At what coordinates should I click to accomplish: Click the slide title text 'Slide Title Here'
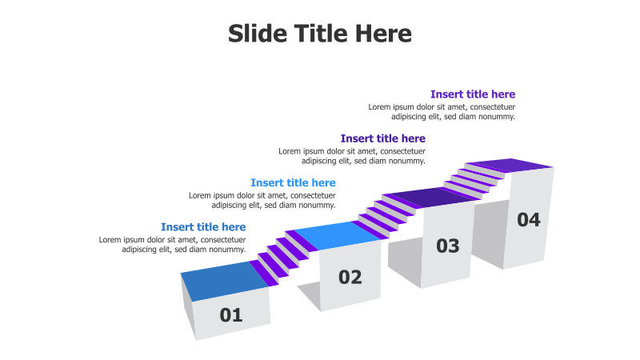tap(320, 34)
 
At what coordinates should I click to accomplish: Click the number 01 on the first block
tap(231, 315)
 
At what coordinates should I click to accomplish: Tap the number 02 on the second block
tap(350, 278)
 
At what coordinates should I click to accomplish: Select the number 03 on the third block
tap(448, 246)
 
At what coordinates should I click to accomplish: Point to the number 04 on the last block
tap(529, 219)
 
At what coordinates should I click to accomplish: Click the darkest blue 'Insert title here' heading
tap(203, 227)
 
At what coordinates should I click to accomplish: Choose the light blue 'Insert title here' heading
tap(293, 183)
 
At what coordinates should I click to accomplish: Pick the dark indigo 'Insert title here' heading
tap(382, 138)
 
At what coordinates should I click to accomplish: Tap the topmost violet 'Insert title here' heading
tap(472, 94)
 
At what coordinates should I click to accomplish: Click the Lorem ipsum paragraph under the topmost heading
tap(442, 111)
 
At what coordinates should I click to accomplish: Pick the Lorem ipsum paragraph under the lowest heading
tap(172, 244)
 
